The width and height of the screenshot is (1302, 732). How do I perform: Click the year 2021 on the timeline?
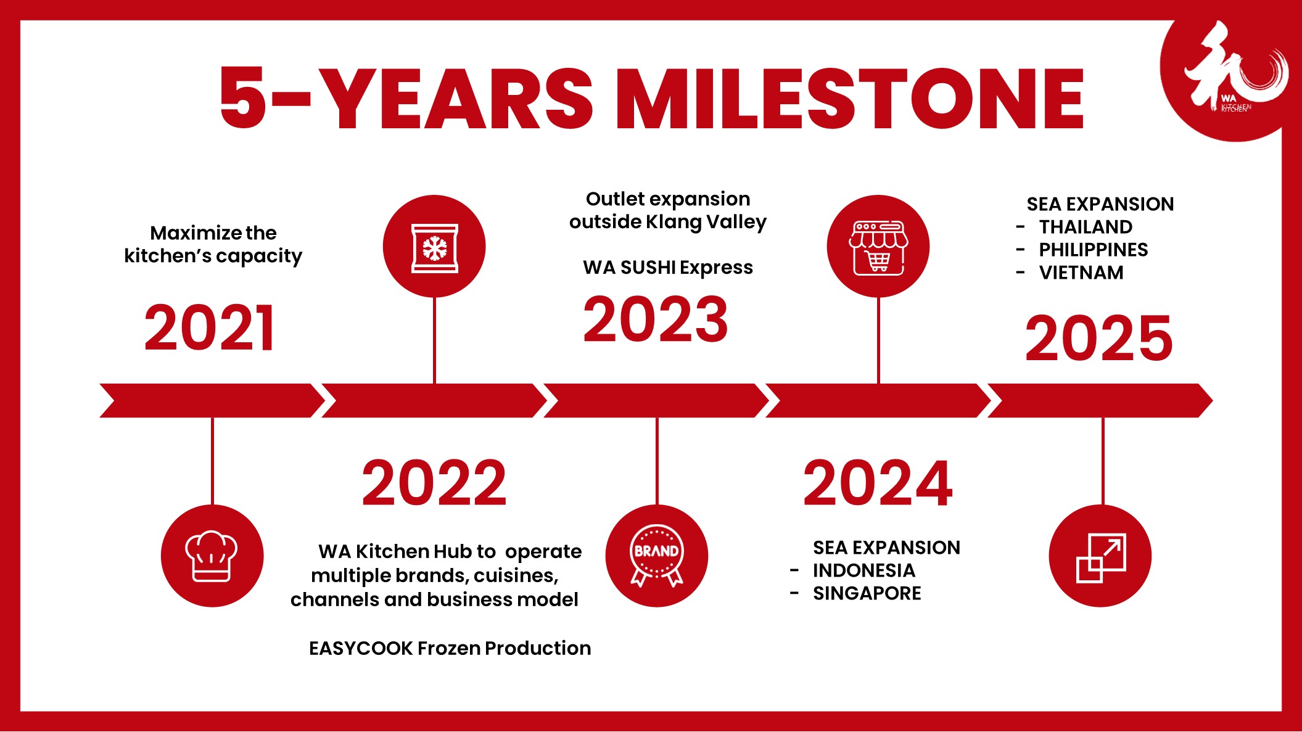click(x=210, y=328)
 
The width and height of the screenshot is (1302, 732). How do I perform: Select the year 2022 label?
click(x=434, y=483)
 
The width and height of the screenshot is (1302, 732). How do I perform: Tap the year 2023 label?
click(x=656, y=319)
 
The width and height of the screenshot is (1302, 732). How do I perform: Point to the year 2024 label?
click(x=878, y=483)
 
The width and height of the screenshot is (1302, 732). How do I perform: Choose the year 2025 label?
click(x=1098, y=338)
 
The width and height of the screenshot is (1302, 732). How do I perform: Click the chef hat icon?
click(x=212, y=556)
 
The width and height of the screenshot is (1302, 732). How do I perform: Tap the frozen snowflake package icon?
click(x=435, y=247)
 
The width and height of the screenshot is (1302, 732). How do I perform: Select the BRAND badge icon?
click(x=657, y=556)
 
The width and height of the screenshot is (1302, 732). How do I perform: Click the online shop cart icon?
click(x=878, y=247)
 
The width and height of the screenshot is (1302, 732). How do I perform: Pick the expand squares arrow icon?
click(x=1101, y=557)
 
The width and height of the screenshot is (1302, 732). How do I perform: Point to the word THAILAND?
click(x=1086, y=227)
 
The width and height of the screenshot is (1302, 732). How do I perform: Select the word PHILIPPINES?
click(x=1094, y=250)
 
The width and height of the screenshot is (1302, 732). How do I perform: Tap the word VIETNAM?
click(x=1081, y=273)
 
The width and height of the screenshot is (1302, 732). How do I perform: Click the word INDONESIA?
click(x=864, y=570)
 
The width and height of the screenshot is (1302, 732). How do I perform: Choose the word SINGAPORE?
click(x=867, y=593)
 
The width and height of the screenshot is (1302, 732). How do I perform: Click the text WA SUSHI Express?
click(x=668, y=268)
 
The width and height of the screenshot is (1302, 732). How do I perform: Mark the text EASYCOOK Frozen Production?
click(x=450, y=648)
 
